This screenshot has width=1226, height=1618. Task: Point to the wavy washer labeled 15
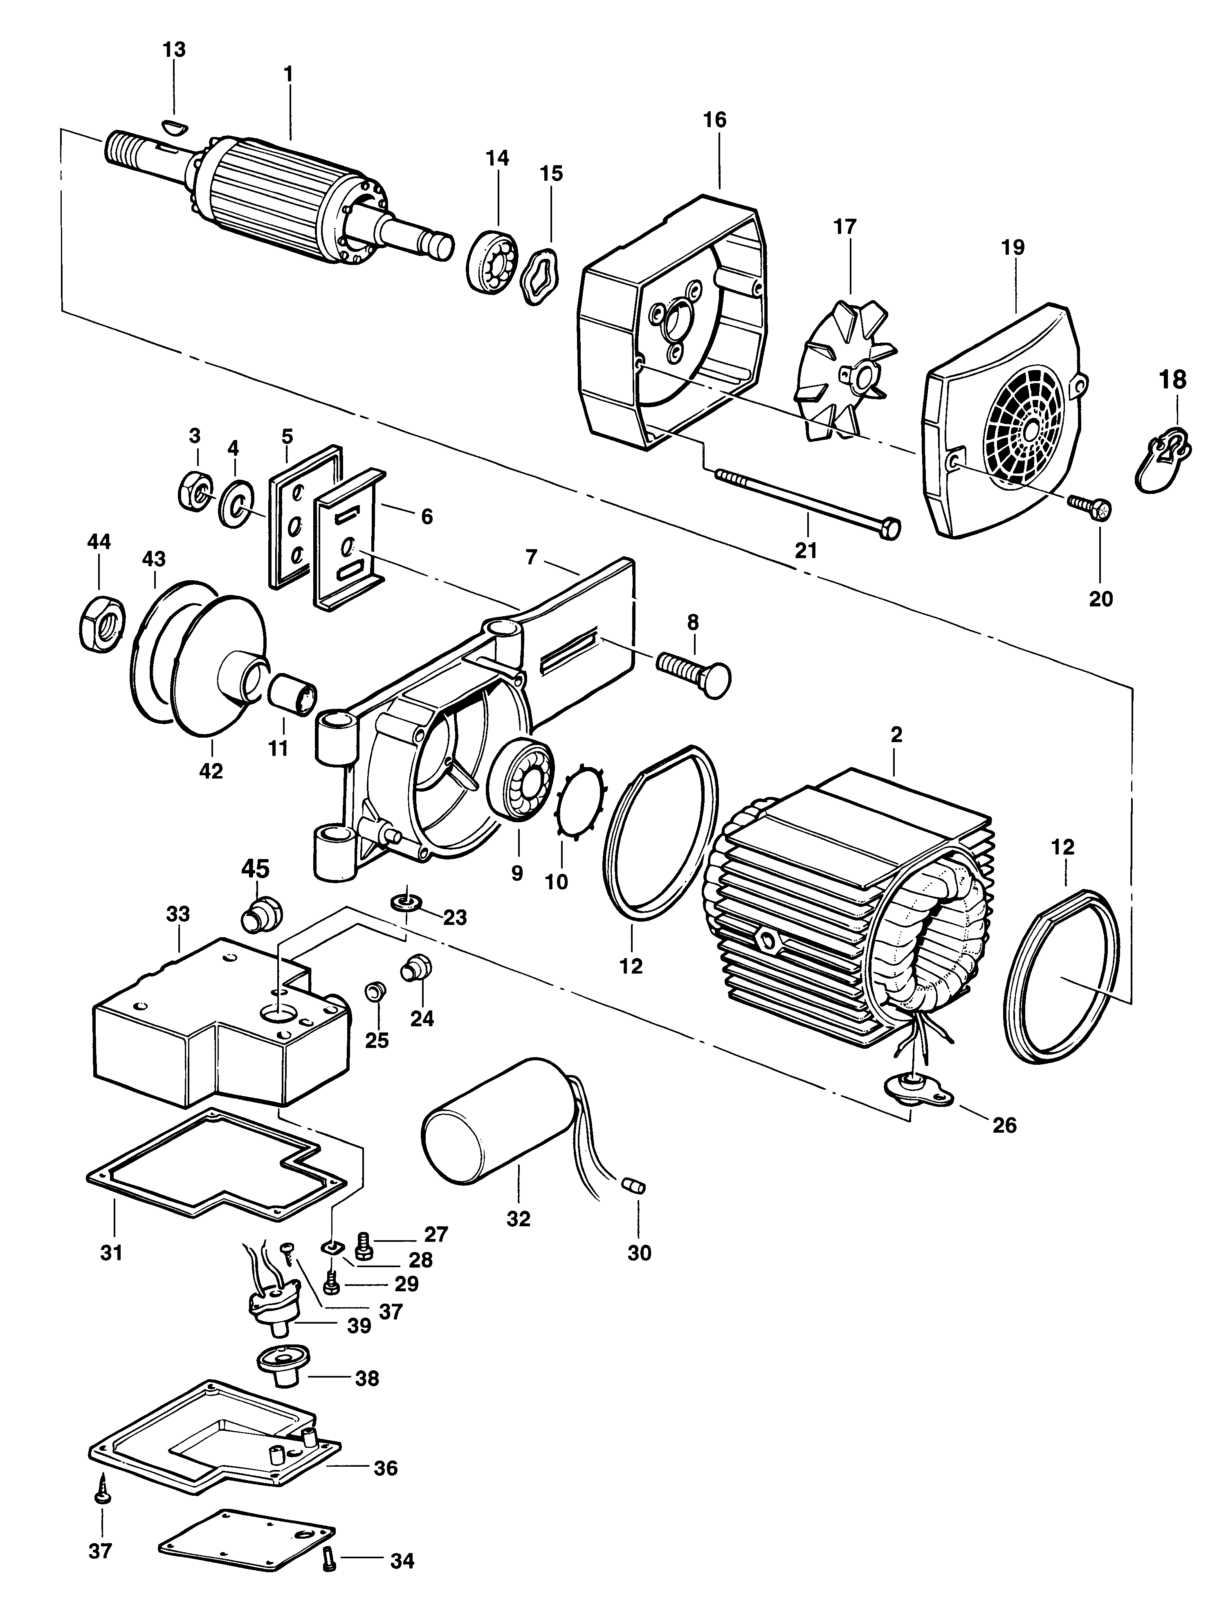541,276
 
